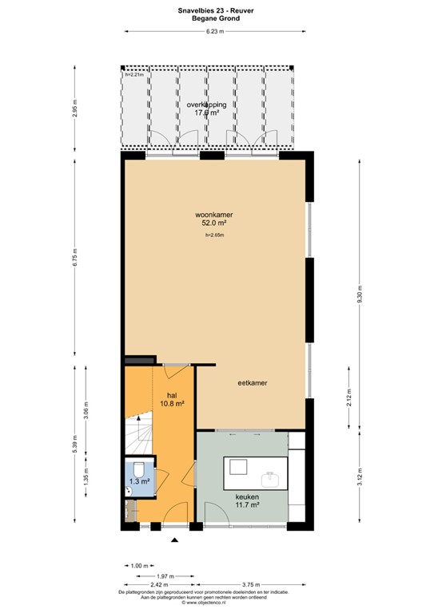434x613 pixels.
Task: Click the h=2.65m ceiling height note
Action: (x=214, y=235)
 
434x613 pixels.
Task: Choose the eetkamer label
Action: (x=252, y=383)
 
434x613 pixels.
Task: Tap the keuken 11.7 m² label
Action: (x=246, y=500)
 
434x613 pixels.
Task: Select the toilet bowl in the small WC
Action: (x=137, y=469)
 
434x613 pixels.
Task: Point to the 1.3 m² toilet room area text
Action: (x=138, y=482)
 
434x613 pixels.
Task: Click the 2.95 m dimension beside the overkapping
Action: (x=75, y=109)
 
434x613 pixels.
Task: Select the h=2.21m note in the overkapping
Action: (x=133, y=75)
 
